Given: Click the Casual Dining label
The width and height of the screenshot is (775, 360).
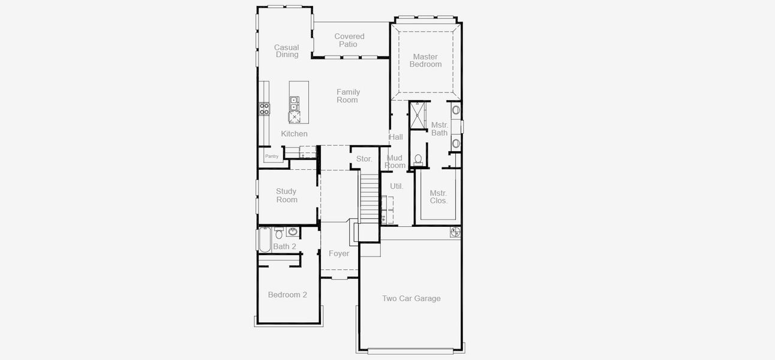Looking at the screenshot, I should (287, 51).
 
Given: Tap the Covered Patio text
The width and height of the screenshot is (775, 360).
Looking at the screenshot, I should (349, 40).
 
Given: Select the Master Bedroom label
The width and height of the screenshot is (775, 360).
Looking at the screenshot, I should (425, 61).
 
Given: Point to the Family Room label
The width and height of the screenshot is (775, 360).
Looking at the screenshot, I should (347, 96).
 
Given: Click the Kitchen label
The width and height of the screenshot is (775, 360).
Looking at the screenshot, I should (294, 134).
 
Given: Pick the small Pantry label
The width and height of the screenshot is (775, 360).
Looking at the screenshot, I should (272, 156).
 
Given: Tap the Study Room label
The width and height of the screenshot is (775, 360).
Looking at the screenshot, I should (287, 196).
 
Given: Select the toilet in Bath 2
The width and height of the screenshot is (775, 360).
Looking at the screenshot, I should (279, 233).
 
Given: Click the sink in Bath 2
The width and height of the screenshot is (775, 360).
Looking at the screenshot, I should (293, 232).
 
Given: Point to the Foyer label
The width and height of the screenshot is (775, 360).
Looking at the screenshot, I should (339, 254).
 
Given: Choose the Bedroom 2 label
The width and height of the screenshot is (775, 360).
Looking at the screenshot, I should (287, 295).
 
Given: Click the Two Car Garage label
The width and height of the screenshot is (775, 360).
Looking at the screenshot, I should (411, 298).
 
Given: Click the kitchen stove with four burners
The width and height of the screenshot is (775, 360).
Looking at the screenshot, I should (264, 109).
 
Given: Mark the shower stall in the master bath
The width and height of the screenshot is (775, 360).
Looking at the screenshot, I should (417, 115).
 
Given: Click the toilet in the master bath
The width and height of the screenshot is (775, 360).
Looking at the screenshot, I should (419, 160).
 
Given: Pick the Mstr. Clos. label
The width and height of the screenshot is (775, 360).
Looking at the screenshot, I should (438, 197).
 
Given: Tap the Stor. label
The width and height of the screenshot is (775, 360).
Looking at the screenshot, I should (364, 159).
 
